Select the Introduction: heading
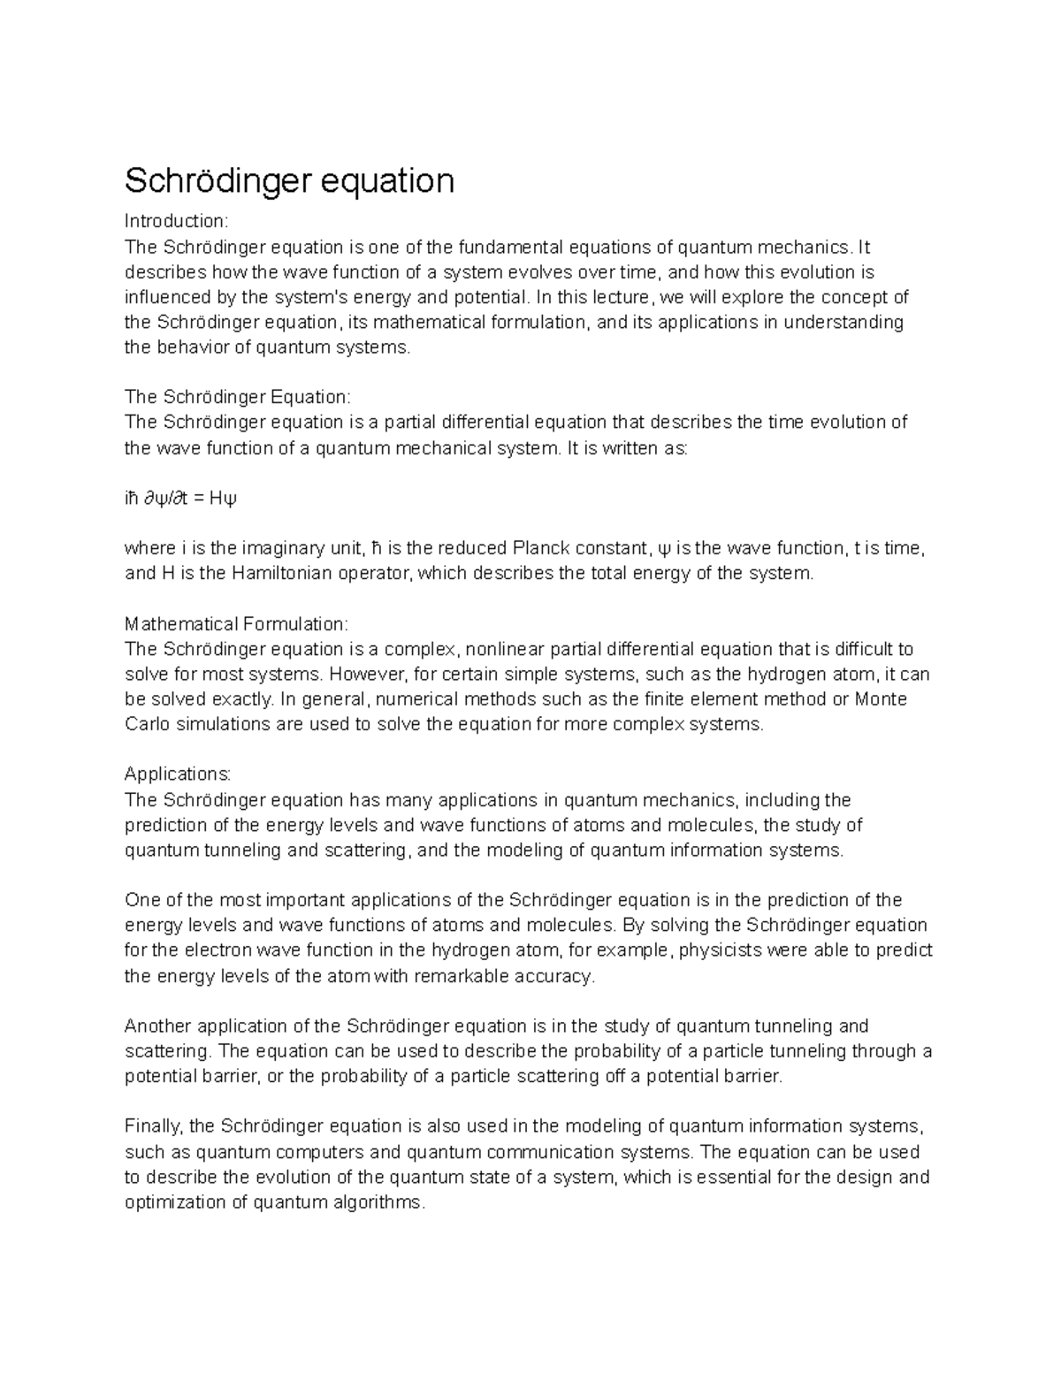(x=176, y=220)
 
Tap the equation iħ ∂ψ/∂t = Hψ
(x=180, y=499)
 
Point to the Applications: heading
(x=178, y=774)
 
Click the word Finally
(x=154, y=1126)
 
